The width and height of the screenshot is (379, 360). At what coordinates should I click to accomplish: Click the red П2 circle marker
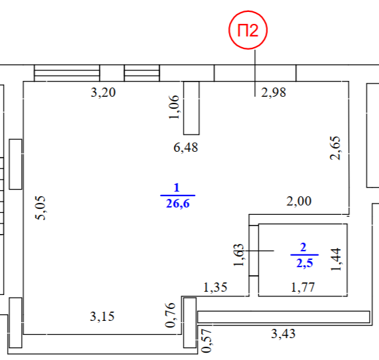248,30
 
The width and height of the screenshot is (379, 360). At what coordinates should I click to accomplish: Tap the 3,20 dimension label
103,92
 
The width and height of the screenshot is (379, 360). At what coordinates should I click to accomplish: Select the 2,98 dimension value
273,92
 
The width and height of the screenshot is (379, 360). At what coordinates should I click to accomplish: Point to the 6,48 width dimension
186,147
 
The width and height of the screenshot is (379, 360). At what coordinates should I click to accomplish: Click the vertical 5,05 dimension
40,208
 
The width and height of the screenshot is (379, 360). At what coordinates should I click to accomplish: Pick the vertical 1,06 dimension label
174,107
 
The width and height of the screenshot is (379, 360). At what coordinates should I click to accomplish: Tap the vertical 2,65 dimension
335,148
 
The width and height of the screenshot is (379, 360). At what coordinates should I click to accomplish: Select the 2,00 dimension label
299,201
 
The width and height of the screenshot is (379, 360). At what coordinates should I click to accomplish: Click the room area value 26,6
178,204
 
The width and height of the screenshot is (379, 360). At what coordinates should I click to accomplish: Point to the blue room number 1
177,188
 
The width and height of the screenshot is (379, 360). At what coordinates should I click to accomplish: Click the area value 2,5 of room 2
305,263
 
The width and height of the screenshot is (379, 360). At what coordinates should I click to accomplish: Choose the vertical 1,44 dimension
336,259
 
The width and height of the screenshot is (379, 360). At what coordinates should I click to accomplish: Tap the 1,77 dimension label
303,287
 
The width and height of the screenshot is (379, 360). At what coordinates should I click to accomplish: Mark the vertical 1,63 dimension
238,255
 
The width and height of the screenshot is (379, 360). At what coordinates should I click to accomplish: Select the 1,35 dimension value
215,287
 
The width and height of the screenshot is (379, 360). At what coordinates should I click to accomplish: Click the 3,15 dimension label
102,316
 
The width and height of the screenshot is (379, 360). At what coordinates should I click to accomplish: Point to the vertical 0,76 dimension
171,315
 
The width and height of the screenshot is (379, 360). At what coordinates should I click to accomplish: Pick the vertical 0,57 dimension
207,341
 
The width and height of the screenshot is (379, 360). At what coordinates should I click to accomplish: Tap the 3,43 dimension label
283,334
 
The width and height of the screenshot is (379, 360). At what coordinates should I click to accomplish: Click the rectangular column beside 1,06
191,108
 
